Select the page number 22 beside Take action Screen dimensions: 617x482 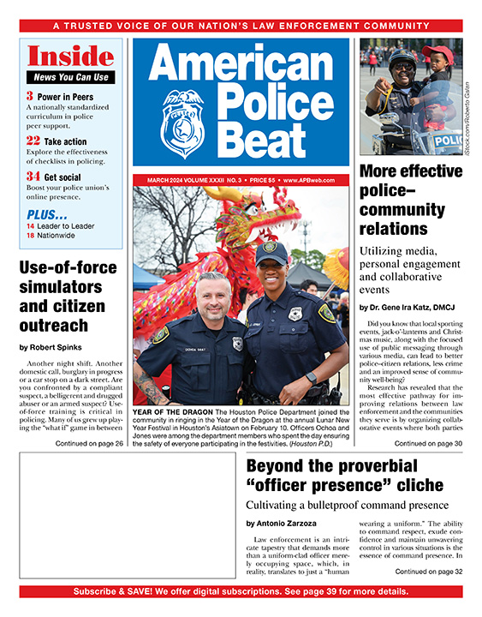point(33,140)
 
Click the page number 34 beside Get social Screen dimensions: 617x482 point(33,176)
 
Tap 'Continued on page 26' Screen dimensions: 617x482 point(87,443)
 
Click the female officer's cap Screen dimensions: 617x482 point(271,251)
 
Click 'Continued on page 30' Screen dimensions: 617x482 point(428,443)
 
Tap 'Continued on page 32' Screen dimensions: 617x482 point(428,571)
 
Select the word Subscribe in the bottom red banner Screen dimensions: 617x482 point(100,591)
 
